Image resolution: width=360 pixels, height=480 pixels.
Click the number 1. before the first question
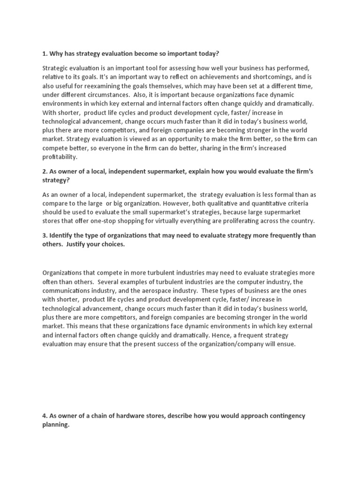coord(45,53)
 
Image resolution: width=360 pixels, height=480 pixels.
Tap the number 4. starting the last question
coord(45,416)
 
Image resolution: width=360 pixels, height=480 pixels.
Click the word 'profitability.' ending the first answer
coord(60,157)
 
